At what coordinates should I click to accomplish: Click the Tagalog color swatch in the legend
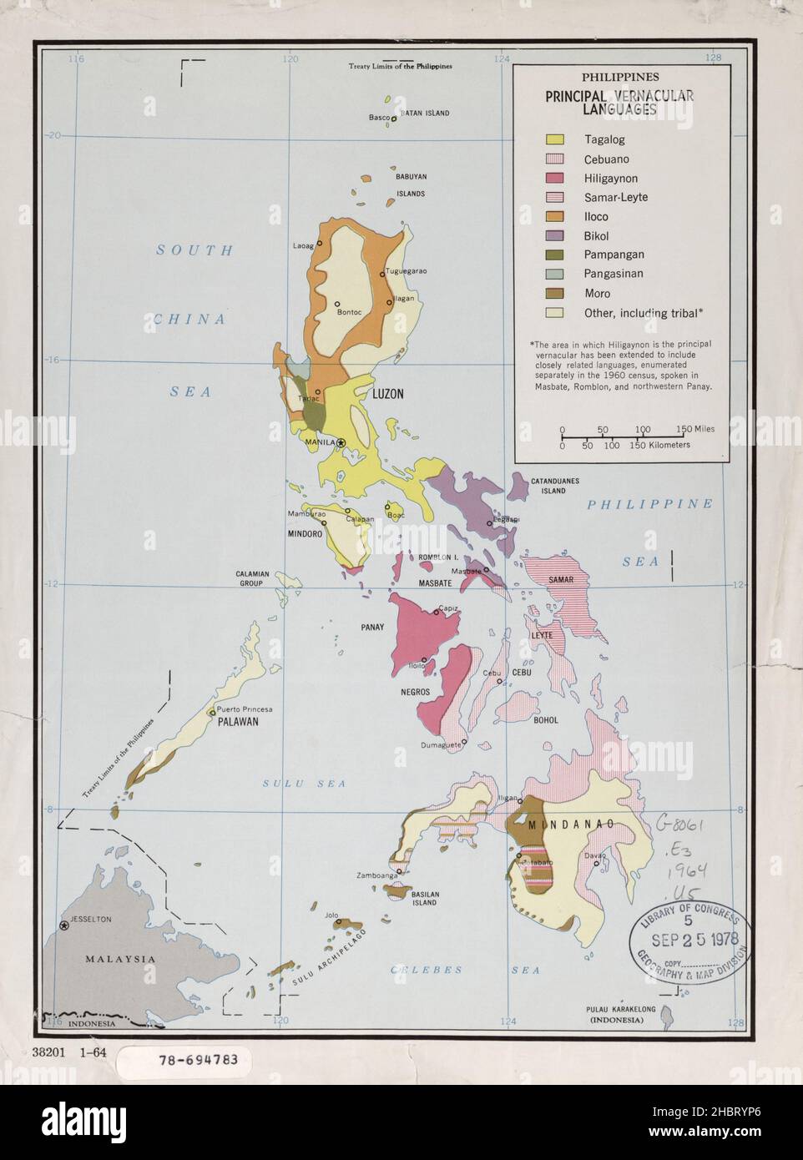(x=554, y=139)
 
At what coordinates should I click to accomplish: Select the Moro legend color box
(x=554, y=293)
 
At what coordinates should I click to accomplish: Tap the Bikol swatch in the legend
(x=554, y=235)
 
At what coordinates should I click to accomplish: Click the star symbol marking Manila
(x=341, y=443)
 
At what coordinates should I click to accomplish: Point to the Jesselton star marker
(x=64, y=926)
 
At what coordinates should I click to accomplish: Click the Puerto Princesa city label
(x=244, y=710)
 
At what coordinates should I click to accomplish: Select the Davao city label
(x=594, y=854)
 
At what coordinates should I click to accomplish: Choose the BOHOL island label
(x=546, y=720)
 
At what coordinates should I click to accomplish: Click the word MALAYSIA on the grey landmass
(x=120, y=959)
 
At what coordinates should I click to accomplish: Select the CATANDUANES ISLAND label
(x=555, y=486)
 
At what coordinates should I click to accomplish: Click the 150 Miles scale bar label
(x=695, y=429)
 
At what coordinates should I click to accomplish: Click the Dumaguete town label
(x=439, y=744)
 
